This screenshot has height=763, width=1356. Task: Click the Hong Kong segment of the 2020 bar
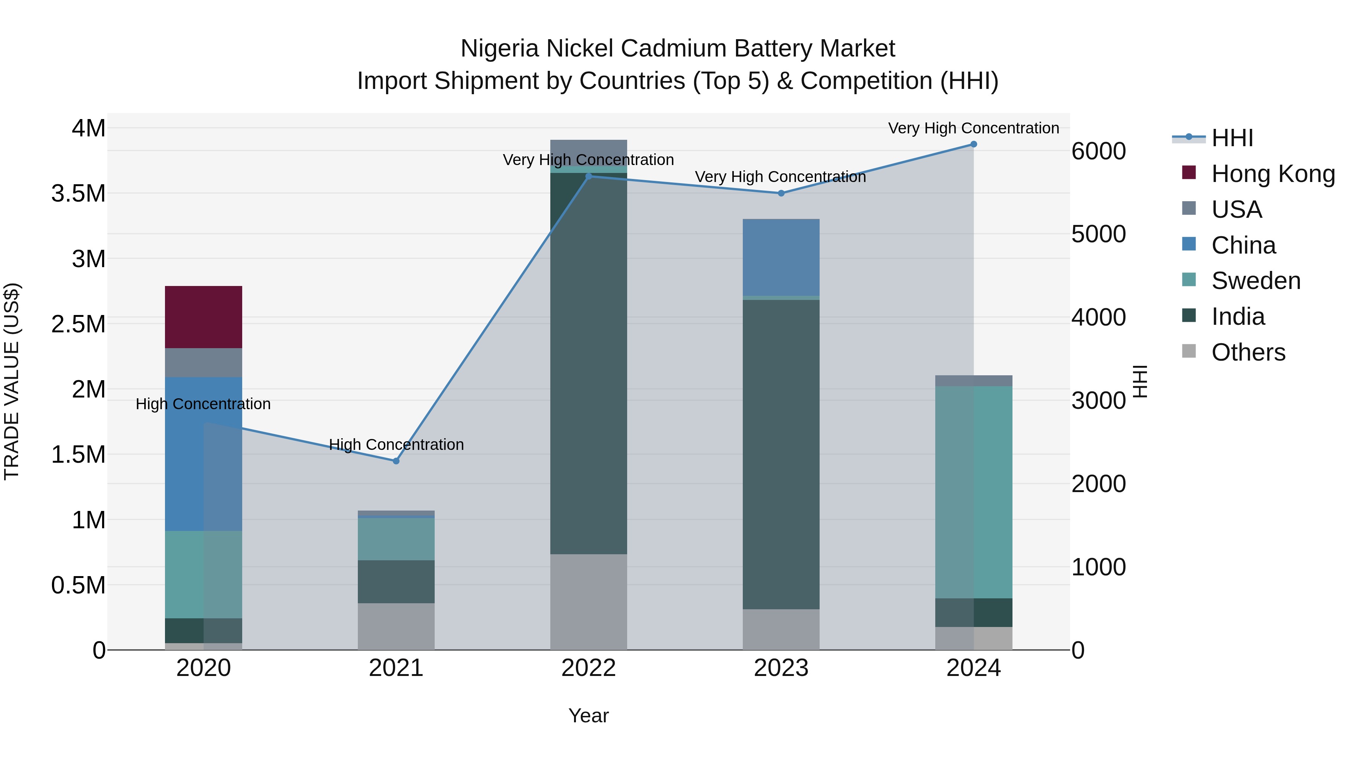click(x=203, y=317)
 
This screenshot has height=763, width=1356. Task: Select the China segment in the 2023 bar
click(x=781, y=257)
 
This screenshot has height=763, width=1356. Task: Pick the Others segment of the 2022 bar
click(x=588, y=601)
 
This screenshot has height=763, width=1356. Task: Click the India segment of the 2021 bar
click(x=396, y=581)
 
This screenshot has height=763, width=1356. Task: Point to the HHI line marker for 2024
click(x=973, y=144)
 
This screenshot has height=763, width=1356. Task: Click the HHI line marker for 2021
click(x=396, y=461)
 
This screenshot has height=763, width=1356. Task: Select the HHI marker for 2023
click(x=781, y=193)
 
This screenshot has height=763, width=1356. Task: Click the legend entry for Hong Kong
click(x=1272, y=174)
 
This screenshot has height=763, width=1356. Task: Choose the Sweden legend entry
click(x=1255, y=281)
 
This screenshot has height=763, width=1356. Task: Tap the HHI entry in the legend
click(x=1232, y=138)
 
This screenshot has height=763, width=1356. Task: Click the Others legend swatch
click(x=1189, y=351)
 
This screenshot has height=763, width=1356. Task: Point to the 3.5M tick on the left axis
click(x=78, y=194)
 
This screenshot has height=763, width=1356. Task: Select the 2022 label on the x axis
click(x=588, y=668)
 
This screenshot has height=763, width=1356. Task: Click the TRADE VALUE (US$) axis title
click(x=12, y=381)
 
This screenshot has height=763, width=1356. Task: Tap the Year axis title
click(x=588, y=716)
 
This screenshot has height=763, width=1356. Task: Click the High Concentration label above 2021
click(x=396, y=445)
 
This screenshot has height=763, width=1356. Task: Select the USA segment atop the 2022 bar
click(x=588, y=151)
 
